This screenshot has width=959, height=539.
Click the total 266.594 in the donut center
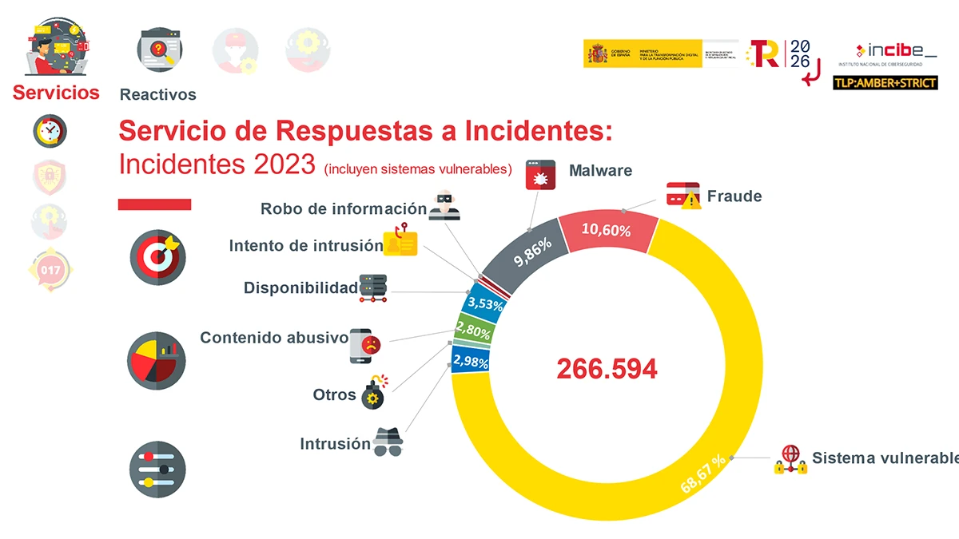(607, 369)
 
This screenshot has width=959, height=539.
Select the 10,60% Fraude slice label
(606, 231)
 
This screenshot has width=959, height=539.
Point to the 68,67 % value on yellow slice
(703, 474)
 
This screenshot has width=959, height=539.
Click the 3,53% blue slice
(483, 303)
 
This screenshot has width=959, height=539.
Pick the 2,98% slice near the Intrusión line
(470, 362)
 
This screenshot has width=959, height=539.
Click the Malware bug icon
(540, 173)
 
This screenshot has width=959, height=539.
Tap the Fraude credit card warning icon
(684, 196)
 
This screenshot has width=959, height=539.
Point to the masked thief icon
(444, 206)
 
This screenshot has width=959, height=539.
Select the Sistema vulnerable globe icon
(790, 459)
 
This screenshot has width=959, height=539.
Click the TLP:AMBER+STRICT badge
(885, 82)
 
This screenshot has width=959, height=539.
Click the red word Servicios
(56, 93)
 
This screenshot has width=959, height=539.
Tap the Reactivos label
(157, 94)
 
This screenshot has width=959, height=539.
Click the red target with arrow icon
(157, 257)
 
